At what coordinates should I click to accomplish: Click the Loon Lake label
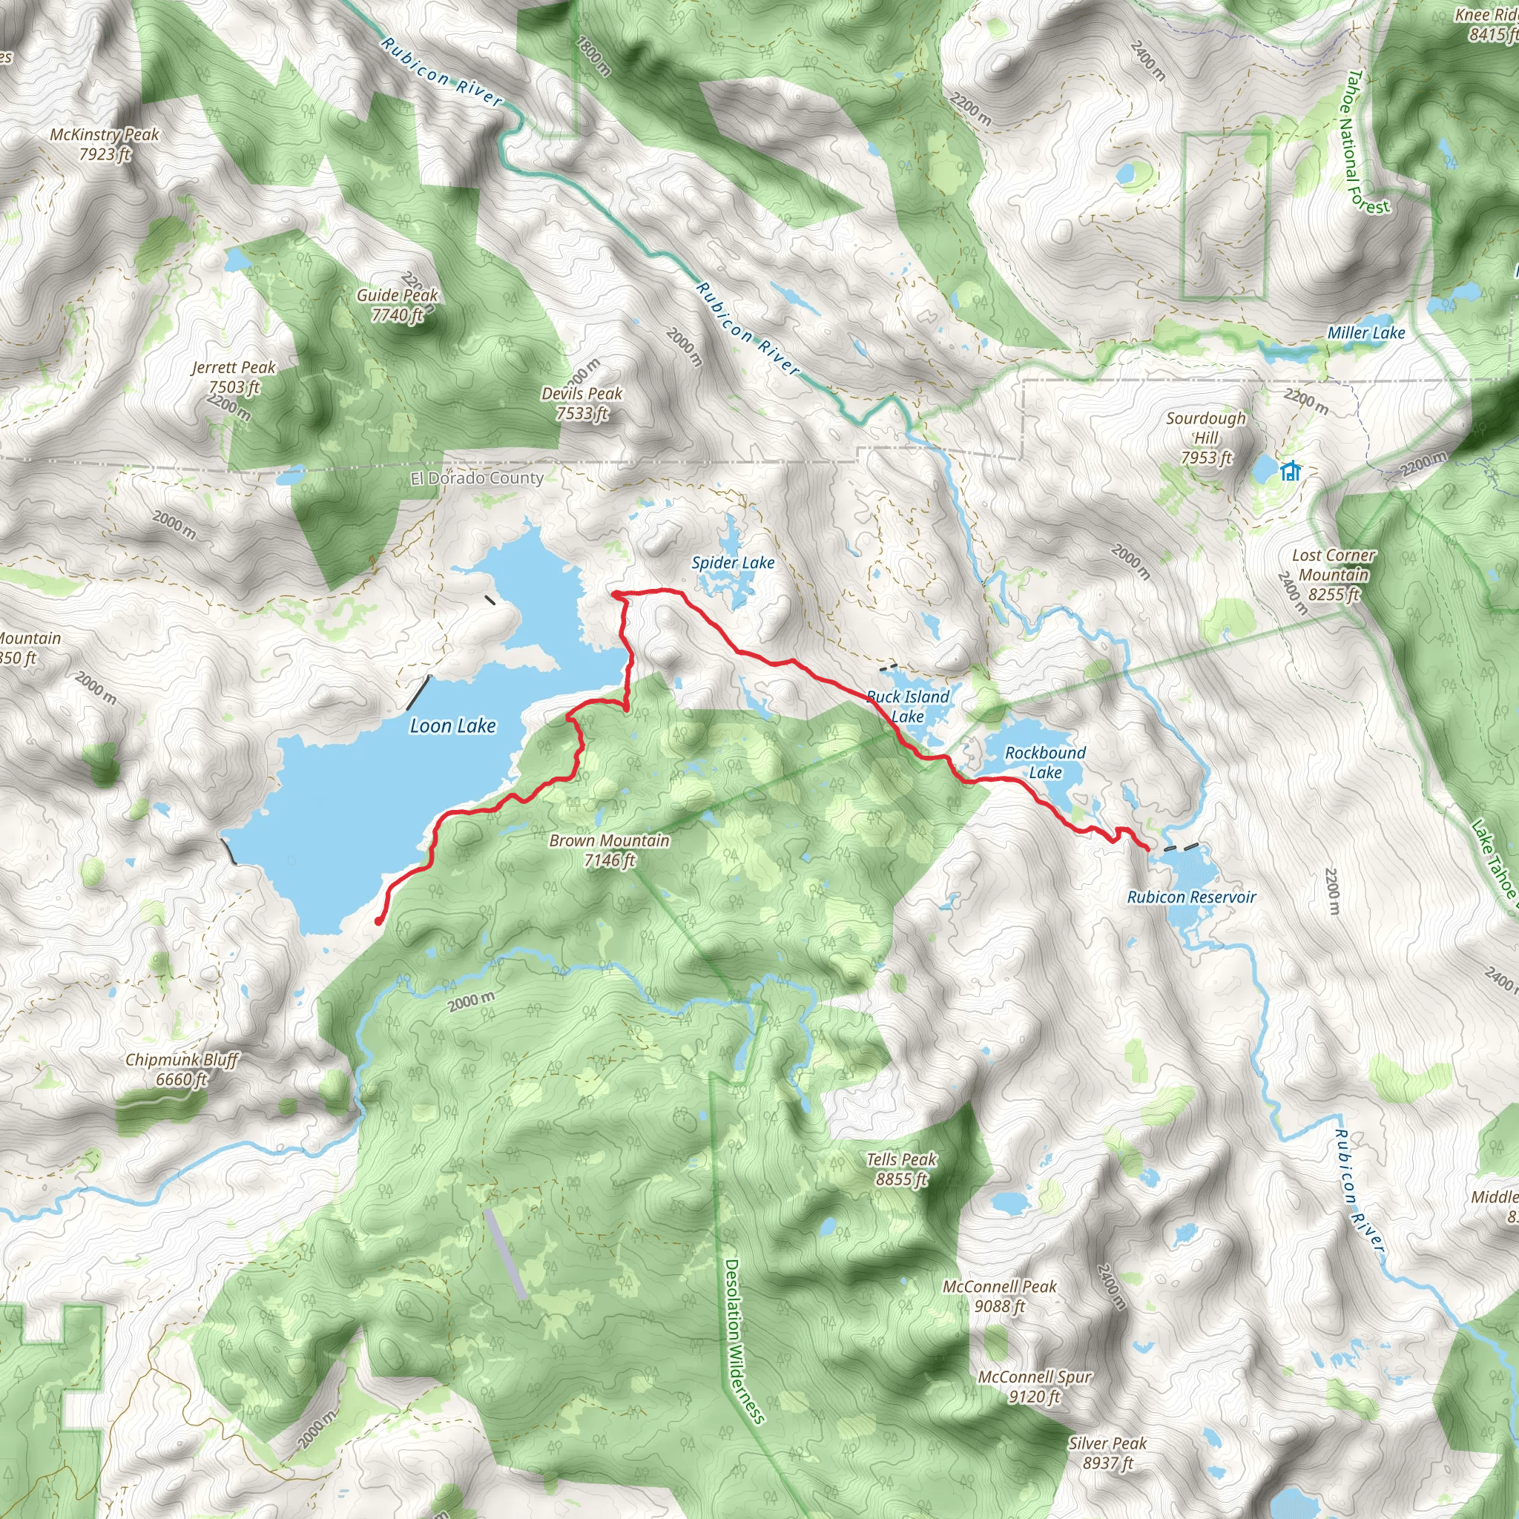coord(453,725)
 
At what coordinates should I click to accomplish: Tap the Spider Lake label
coord(733,563)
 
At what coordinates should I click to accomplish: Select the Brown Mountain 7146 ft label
coord(610,850)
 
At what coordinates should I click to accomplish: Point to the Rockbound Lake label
coord(1045,762)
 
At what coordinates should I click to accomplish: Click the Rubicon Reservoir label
coord(1191,897)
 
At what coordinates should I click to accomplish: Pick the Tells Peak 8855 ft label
coord(901,1169)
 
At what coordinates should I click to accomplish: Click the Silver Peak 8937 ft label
coord(1107,1453)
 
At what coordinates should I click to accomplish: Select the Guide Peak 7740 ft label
coord(397,305)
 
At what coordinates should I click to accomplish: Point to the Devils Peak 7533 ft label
coord(581,403)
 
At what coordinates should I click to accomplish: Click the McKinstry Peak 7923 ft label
coord(105,145)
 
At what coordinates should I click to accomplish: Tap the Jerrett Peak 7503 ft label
coord(234,378)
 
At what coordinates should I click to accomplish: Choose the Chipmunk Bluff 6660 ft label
coord(182,1070)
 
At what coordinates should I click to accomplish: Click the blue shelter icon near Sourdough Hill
coord(1291,471)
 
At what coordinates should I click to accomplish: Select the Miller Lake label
coord(1365,333)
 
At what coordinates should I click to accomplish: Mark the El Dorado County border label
coord(476,478)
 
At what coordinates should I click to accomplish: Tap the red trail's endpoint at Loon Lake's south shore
coord(378,920)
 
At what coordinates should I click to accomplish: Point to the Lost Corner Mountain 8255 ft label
coord(1334,575)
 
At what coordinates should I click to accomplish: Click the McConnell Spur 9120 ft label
coord(1034,1387)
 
